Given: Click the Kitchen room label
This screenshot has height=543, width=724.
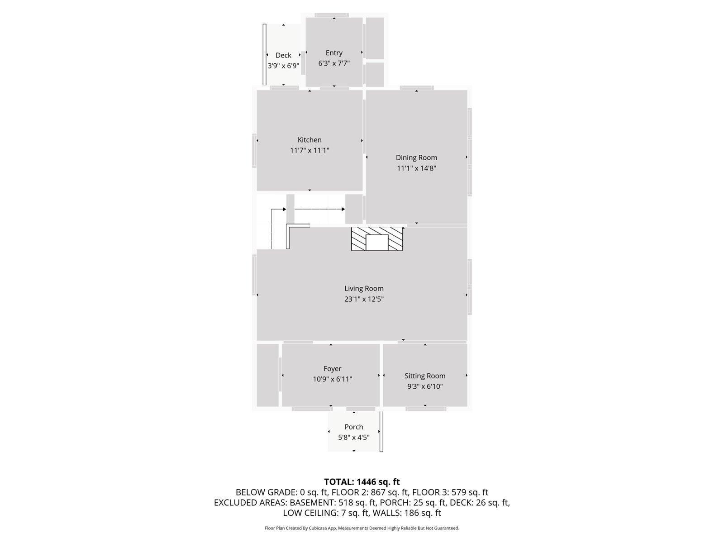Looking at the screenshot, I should click(x=310, y=140).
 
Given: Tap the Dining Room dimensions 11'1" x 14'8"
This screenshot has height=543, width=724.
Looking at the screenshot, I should click(x=416, y=168).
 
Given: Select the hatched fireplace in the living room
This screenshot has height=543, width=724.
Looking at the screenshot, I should click(x=377, y=239).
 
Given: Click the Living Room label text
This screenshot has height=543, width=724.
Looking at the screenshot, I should click(x=364, y=289).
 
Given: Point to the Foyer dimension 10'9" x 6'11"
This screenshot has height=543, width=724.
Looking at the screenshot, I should click(x=332, y=379).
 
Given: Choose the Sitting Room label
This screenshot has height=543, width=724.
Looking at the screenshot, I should click(x=425, y=376).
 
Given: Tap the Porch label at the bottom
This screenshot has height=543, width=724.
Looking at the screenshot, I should click(x=353, y=427).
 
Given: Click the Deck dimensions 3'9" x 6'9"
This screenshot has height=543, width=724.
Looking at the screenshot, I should click(x=283, y=66).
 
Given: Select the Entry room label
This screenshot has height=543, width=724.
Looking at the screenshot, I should click(x=334, y=53).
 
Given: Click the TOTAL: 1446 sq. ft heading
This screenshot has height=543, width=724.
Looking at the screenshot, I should click(x=362, y=482).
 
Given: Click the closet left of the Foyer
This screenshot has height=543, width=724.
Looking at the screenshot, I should click(x=267, y=375).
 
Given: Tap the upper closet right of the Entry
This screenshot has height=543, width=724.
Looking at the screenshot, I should click(x=375, y=38).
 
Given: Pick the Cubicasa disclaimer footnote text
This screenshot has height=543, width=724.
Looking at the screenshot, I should click(x=362, y=528).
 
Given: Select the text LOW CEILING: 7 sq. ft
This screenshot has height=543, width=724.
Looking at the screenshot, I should click(x=326, y=513).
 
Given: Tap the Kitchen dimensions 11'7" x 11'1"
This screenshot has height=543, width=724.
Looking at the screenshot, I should click(x=310, y=150).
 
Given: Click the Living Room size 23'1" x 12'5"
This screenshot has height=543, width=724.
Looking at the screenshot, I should click(x=364, y=299).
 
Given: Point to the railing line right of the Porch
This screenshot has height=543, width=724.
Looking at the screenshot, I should click(x=381, y=431).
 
